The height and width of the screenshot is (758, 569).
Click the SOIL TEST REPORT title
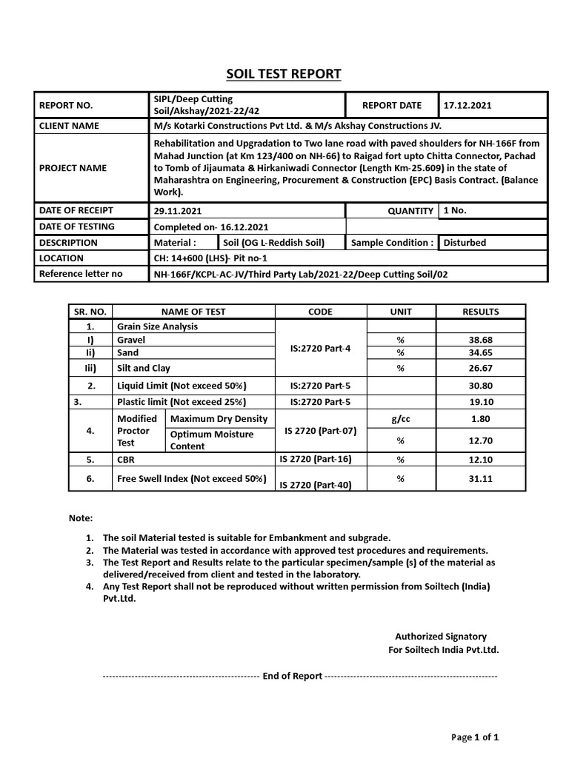284,73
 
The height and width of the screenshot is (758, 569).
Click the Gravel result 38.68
480,340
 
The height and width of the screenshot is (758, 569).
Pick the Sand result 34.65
480,353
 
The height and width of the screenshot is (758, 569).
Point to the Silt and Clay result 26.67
480,368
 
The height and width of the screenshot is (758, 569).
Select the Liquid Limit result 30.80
480,386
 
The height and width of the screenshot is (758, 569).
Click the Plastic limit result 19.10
480,402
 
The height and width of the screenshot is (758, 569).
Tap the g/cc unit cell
400,419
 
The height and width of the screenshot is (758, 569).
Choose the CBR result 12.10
480,460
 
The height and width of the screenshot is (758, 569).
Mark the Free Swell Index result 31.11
480,479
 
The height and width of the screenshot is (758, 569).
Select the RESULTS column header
480,312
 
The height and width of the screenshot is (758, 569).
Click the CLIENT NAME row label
69,126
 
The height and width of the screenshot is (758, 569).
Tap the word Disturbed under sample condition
465,242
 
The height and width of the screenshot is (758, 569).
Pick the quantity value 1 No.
455,210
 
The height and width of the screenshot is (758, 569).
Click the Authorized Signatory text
440,637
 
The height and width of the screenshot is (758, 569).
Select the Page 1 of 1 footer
475,737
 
